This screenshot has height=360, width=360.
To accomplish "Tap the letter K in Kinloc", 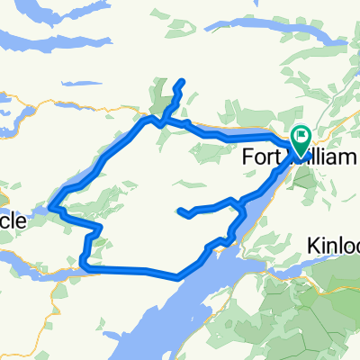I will pyautogui.click(x=311, y=246).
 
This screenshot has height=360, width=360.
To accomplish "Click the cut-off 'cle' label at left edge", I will pyautogui.click(x=13, y=219).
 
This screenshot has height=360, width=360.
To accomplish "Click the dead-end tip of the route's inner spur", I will pyautogui.click(x=182, y=212).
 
